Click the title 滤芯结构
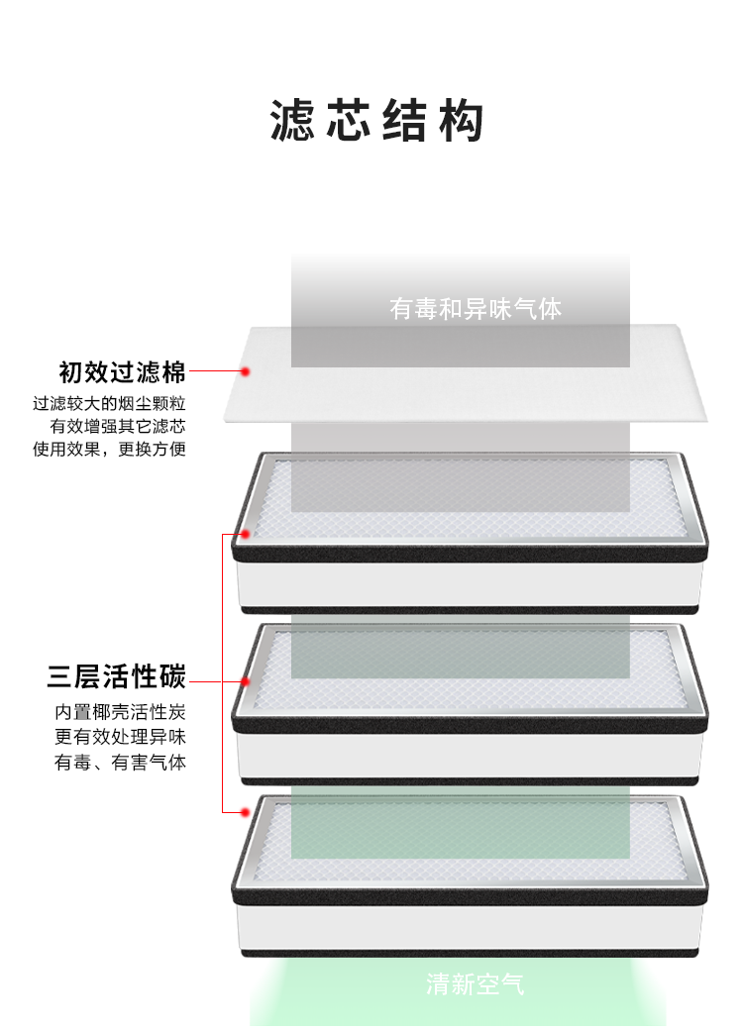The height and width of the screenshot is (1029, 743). (x=376, y=121)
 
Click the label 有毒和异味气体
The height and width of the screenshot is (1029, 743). (x=476, y=309)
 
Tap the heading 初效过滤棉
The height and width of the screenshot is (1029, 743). (x=122, y=372)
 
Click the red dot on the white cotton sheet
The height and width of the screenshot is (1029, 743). (x=245, y=372)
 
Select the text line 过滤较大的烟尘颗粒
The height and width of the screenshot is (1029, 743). (x=110, y=404)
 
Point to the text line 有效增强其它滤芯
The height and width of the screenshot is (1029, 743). (x=118, y=427)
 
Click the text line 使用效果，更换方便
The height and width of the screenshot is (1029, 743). (x=110, y=450)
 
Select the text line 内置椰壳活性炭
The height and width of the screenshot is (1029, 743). (x=120, y=713)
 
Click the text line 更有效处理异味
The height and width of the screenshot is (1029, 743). (x=120, y=738)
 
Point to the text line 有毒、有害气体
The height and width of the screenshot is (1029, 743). (x=120, y=763)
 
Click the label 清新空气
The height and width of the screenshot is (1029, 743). (x=476, y=984)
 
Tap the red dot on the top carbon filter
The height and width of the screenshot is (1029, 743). (x=245, y=535)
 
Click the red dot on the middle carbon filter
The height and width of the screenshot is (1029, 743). (x=245, y=681)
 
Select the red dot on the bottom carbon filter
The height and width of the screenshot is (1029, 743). (x=245, y=813)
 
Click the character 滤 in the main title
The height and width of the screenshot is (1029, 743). (x=293, y=121)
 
